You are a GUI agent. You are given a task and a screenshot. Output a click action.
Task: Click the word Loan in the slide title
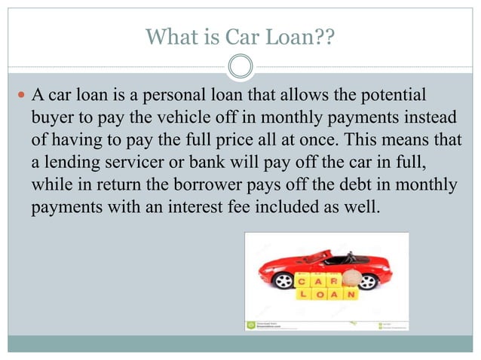click(286, 36)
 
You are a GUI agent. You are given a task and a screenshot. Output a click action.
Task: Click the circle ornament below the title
click(240, 66)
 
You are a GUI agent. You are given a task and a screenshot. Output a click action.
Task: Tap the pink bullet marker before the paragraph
click(20, 97)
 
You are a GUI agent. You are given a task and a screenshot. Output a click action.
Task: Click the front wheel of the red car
click(284, 281)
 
